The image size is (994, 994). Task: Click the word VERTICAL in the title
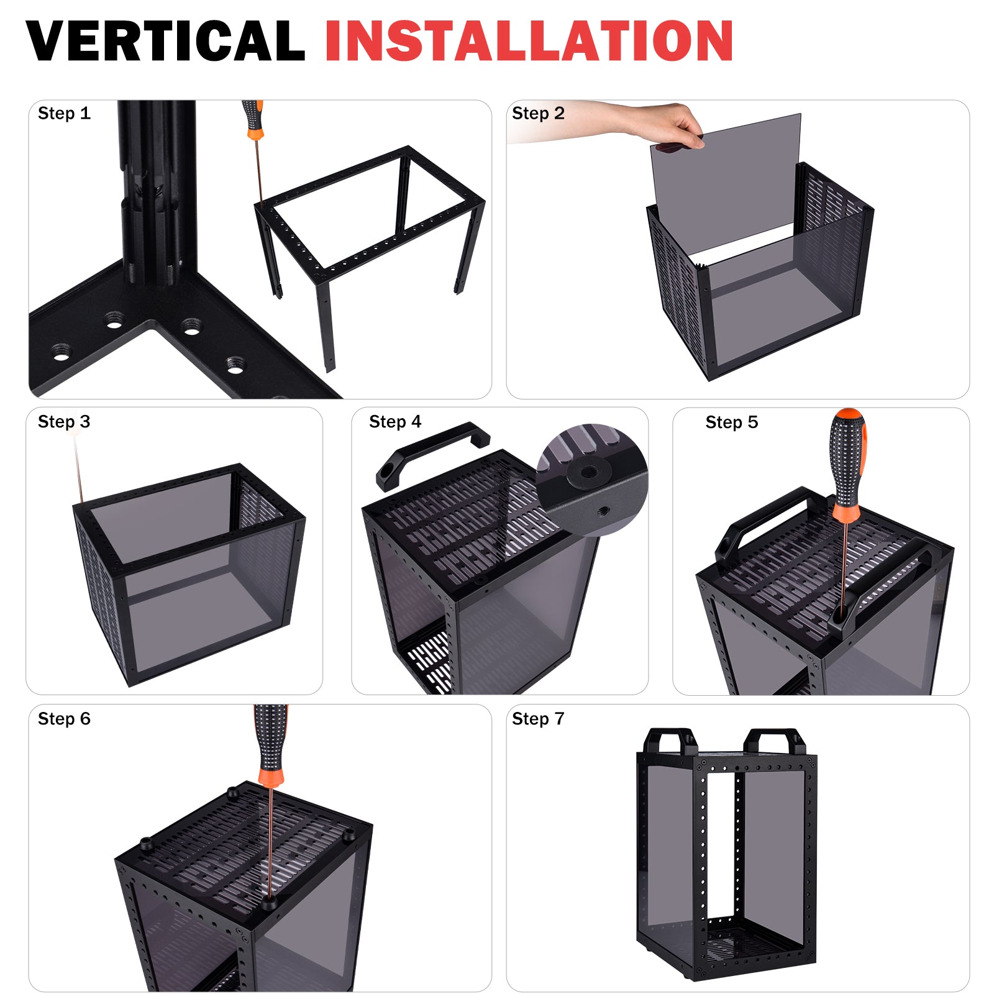point(165,40)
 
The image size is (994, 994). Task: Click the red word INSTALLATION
point(529,40)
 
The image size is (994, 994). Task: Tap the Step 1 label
point(64,113)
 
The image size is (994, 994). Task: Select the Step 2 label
point(538,113)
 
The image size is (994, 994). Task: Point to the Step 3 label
point(64,422)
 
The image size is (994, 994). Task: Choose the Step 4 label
point(395,422)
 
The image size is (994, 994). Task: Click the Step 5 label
point(732,422)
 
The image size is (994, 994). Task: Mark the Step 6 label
point(64,719)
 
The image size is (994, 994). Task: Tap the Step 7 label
point(538,719)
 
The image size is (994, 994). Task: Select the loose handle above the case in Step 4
point(433,455)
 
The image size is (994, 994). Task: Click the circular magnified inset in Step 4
point(592,480)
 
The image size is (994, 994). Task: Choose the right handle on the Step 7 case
point(774,742)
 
